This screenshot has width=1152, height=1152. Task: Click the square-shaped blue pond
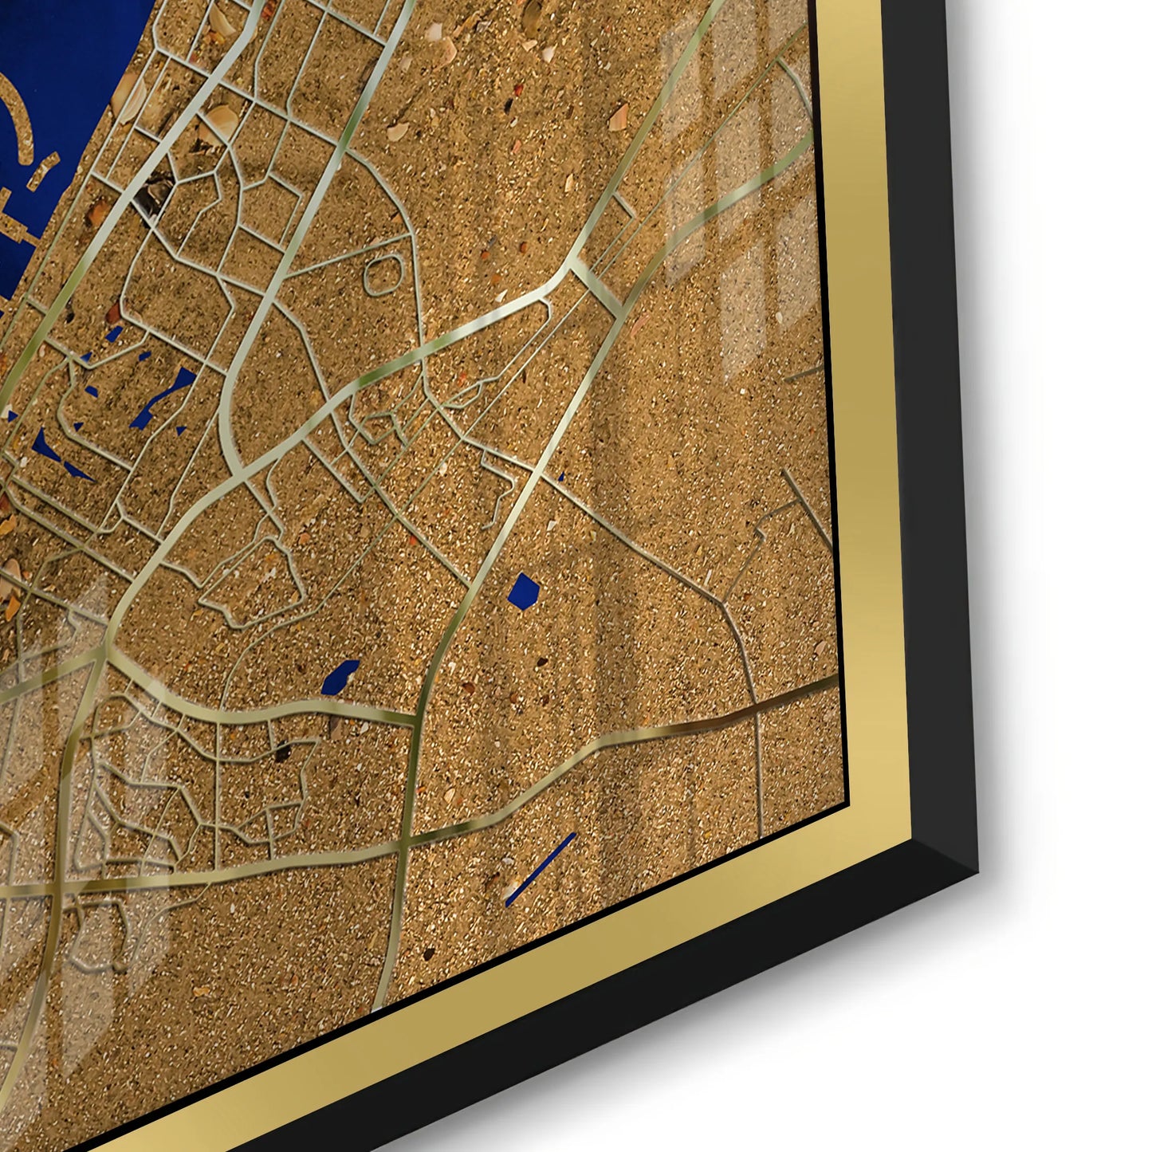click(524, 592)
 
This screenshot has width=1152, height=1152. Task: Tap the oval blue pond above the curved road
click(340, 677)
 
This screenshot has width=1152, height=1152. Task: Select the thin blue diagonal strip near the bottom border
click(541, 868)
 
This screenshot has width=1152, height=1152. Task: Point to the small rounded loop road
click(383, 274)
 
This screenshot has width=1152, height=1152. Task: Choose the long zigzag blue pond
click(163, 397)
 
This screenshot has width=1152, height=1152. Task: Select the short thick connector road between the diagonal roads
click(596, 285)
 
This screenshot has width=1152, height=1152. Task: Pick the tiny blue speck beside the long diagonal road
click(561, 478)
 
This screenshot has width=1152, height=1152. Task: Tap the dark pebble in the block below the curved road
click(281, 752)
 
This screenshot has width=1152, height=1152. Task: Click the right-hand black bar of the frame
click(933, 399)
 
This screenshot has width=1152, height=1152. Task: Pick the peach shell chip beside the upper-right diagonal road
click(618, 119)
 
